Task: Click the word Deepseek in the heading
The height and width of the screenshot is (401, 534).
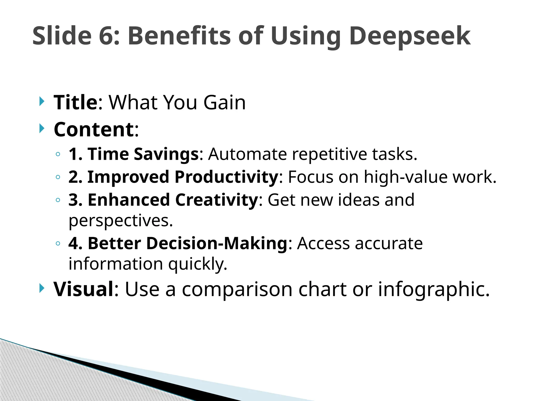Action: click(x=410, y=36)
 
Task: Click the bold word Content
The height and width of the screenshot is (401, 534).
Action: click(x=94, y=129)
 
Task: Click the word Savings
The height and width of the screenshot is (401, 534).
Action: click(x=166, y=154)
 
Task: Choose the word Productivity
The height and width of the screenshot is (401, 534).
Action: click(x=227, y=177)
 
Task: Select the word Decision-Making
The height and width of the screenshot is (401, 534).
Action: click(x=217, y=243)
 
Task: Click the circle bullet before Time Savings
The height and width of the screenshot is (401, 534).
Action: click(x=58, y=154)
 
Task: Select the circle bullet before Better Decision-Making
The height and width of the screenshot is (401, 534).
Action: click(x=58, y=244)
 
